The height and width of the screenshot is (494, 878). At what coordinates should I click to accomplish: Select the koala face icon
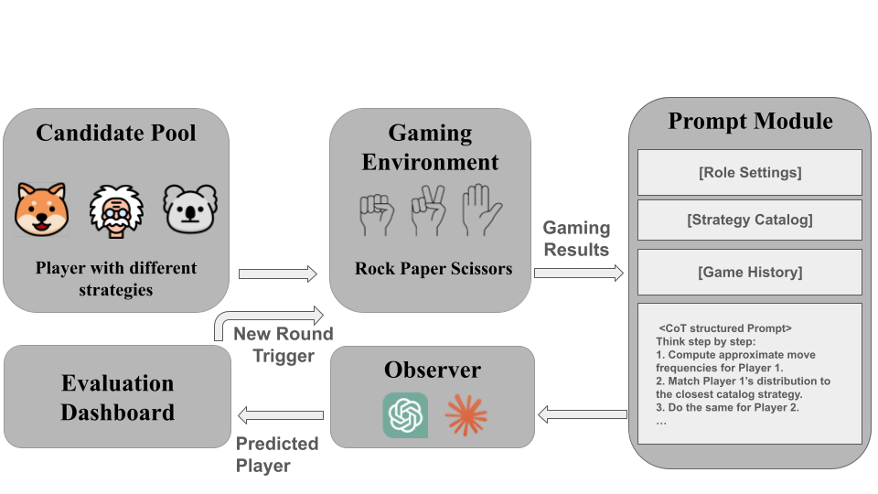click(189, 209)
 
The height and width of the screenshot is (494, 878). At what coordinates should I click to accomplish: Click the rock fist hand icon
click(375, 211)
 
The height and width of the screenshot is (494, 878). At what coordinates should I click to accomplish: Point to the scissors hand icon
click(427, 209)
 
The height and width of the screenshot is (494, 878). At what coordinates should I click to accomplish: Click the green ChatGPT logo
click(405, 415)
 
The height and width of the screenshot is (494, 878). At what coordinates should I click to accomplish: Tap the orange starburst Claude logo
click(466, 415)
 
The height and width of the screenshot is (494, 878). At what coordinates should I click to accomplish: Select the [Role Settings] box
click(749, 171)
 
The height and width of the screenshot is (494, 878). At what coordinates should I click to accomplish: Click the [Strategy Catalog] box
click(749, 220)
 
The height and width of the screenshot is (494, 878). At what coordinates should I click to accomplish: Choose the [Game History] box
click(749, 272)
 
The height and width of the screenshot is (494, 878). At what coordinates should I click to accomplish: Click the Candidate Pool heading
click(116, 133)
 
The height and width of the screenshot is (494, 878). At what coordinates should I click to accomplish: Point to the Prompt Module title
click(750, 121)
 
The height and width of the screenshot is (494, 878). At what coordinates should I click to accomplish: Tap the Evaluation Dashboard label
click(117, 397)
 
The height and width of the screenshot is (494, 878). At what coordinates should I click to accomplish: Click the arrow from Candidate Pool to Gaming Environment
click(277, 273)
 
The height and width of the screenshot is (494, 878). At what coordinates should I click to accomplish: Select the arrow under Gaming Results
click(578, 273)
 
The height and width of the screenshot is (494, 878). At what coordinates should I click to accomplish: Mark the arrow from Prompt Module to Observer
click(583, 415)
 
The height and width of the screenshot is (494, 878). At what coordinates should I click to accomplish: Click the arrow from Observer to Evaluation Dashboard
click(279, 415)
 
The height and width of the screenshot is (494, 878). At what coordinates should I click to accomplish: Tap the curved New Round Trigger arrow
click(265, 318)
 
